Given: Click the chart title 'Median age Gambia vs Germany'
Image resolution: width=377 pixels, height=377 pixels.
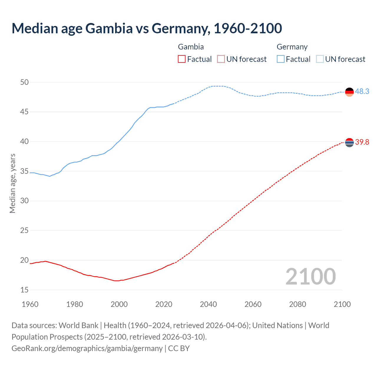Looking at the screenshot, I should click(147, 28).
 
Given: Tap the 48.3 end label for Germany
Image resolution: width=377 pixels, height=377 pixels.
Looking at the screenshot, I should click(362, 91).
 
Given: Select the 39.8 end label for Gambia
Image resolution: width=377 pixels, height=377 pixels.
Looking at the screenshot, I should click(362, 142).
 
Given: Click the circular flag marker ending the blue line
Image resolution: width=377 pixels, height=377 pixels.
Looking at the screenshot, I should click(349, 92).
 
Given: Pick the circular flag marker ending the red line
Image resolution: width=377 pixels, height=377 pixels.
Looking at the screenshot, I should click(349, 143).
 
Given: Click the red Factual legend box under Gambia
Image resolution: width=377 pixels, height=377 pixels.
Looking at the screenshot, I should click(182, 59).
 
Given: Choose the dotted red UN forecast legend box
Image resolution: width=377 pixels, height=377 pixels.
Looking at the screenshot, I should click(221, 59).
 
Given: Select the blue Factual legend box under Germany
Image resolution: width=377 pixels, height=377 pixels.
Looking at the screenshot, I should click(281, 59).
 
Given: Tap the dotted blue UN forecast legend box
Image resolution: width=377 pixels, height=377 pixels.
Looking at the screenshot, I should click(320, 59).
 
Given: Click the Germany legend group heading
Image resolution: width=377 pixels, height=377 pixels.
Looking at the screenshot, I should click(292, 47).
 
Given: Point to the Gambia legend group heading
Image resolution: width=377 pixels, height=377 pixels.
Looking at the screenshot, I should click(191, 47).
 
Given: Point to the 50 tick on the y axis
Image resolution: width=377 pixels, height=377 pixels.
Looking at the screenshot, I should click(24, 82).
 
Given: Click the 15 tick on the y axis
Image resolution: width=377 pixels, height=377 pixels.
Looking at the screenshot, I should click(24, 290).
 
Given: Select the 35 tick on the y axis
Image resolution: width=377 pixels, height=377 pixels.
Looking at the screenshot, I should click(24, 171).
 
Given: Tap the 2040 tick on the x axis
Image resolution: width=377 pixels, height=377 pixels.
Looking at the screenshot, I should click(208, 304).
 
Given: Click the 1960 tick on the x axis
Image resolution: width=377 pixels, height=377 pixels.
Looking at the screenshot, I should click(30, 304).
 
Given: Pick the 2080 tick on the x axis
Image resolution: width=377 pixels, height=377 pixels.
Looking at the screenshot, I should click(297, 304).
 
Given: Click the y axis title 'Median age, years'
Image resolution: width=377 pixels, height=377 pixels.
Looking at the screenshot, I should click(12, 183).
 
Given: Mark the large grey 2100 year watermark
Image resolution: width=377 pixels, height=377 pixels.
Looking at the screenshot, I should click(310, 276).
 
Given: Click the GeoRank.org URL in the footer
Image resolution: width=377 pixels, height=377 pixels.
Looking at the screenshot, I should click(87, 348).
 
